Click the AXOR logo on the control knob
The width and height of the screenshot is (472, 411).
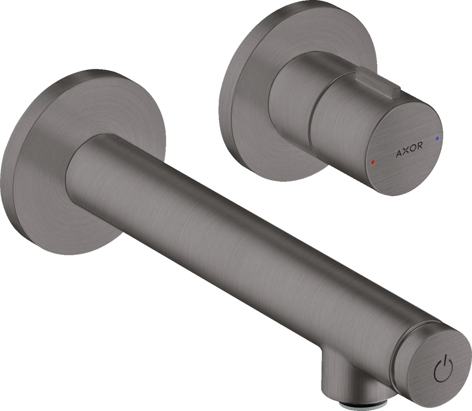tap(409, 146)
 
